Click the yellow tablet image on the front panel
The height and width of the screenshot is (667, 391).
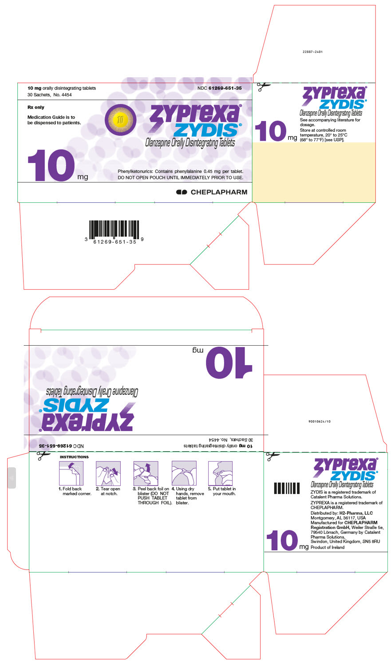point(120,119)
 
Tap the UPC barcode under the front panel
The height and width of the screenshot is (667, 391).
point(114,229)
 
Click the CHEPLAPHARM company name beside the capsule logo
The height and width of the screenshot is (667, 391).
point(219,192)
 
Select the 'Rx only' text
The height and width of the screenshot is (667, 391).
point(36,107)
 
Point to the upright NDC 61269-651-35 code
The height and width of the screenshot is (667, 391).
point(219,88)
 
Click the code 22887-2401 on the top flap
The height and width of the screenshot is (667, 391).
point(312,52)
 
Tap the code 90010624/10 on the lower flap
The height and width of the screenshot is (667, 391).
point(319,421)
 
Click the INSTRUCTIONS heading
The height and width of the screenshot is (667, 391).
point(74,457)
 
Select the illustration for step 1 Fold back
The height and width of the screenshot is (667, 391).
point(71,473)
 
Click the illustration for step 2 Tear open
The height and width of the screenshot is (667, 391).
point(108,473)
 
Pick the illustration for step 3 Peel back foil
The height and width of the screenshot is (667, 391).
point(146,473)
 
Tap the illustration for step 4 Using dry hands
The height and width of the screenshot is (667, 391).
point(184,473)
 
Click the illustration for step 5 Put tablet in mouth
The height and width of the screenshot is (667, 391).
point(220,473)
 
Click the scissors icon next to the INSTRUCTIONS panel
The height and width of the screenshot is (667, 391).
point(43,455)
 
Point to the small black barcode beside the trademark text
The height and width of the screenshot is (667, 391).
point(287,488)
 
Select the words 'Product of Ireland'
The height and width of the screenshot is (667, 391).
point(328,547)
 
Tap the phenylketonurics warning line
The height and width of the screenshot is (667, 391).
point(180,171)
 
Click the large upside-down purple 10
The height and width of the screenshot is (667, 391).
point(229,363)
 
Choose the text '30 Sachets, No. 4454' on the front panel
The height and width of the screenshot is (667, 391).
point(50,95)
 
